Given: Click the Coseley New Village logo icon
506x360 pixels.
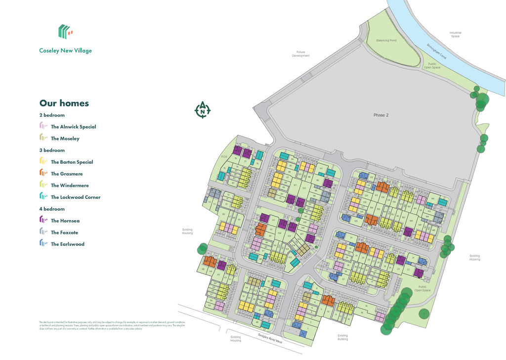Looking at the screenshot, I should coord(65,32).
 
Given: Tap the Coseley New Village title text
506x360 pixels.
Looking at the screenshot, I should coord(65,50).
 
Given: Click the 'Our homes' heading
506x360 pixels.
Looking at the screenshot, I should coord(64,103).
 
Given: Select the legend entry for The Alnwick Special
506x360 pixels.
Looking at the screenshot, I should coord(73,127).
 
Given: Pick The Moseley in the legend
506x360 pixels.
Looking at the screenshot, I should coord(65,138).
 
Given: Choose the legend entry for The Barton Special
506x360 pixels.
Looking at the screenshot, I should coord(72,162).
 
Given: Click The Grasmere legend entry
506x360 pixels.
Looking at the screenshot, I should coord(67,174).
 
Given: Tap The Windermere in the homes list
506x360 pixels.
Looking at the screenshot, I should coord(69,185).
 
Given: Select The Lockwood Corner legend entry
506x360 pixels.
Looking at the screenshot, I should coord(75,197).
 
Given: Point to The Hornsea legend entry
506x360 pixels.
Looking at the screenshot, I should coord(65,221).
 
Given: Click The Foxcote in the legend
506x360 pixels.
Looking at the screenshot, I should coord(64,232).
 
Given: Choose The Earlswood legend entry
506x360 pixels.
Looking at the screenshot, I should coord(67,244).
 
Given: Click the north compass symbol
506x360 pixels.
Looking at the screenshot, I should coord(203,110).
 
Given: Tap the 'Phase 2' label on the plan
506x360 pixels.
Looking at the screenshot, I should coord(381,115).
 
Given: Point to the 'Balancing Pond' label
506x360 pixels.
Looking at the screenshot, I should coord(386,41).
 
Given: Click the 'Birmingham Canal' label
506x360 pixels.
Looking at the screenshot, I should coord(437,51).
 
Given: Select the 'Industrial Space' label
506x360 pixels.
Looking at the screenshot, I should coord(455,35).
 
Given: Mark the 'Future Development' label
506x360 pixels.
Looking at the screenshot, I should coord(300,54).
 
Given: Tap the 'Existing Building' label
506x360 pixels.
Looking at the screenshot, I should coord(343,337).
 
